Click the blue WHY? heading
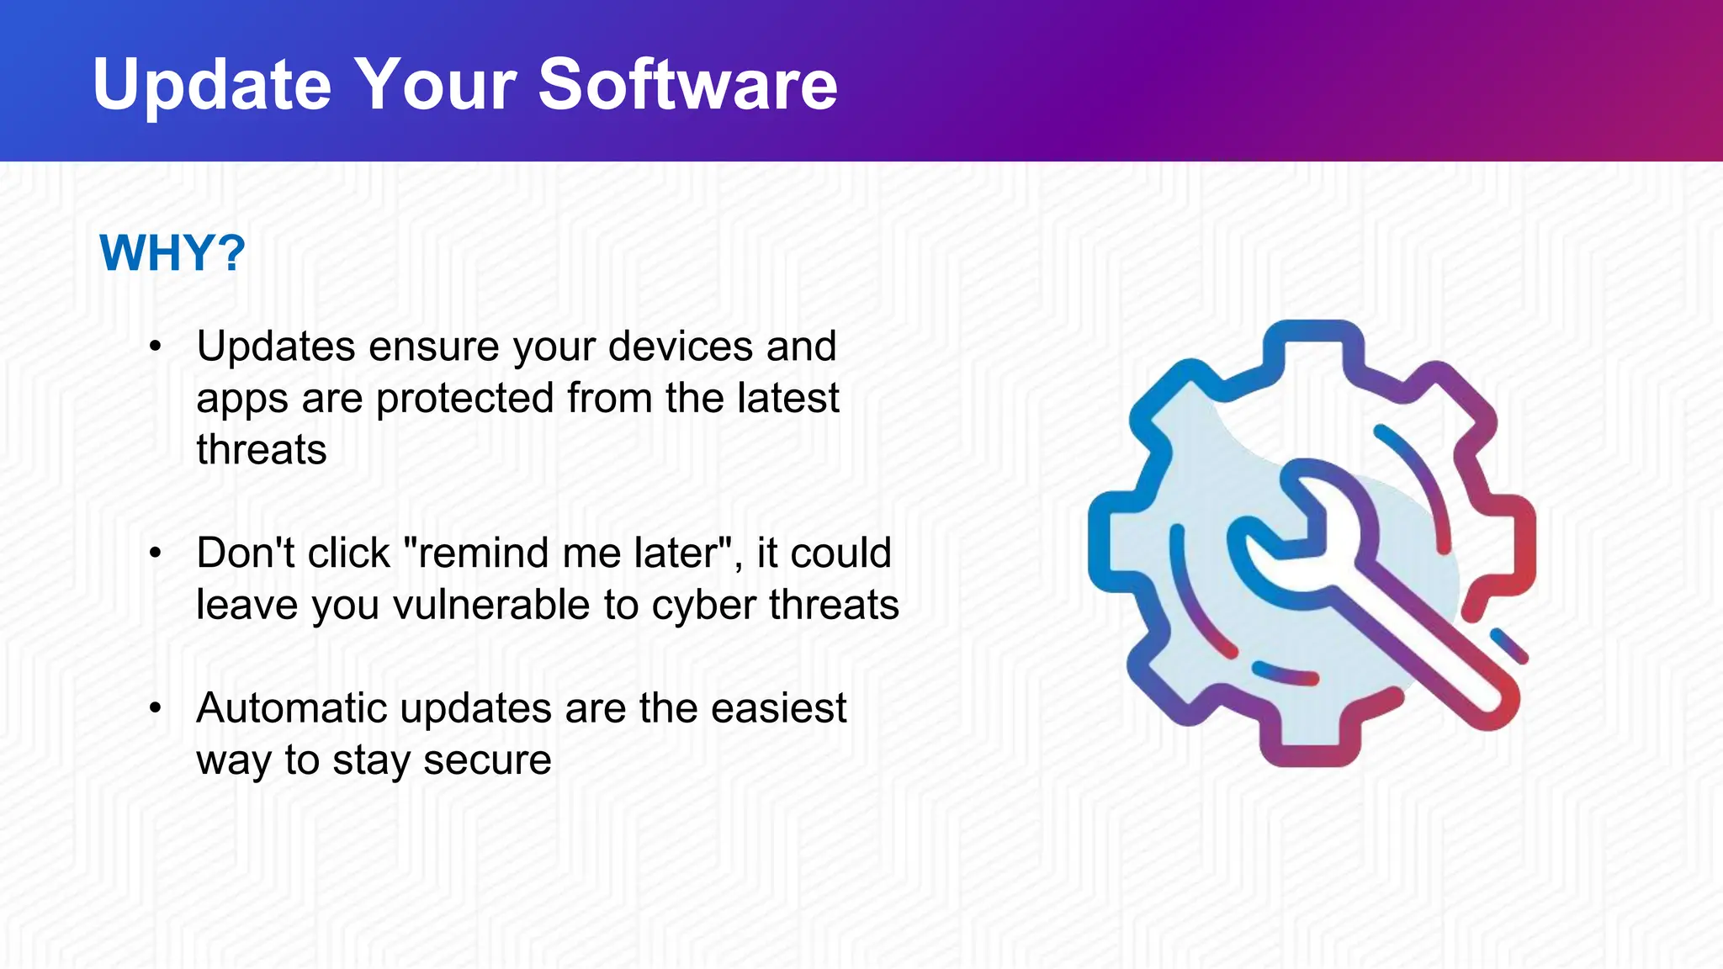tap(172, 252)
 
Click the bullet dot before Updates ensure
tap(155, 347)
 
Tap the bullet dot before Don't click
tap(155, 553)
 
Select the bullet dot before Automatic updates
tap(155, 709)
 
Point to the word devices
tap(680, 347)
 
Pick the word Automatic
tap(291, 709)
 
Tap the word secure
tap(487, 760)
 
